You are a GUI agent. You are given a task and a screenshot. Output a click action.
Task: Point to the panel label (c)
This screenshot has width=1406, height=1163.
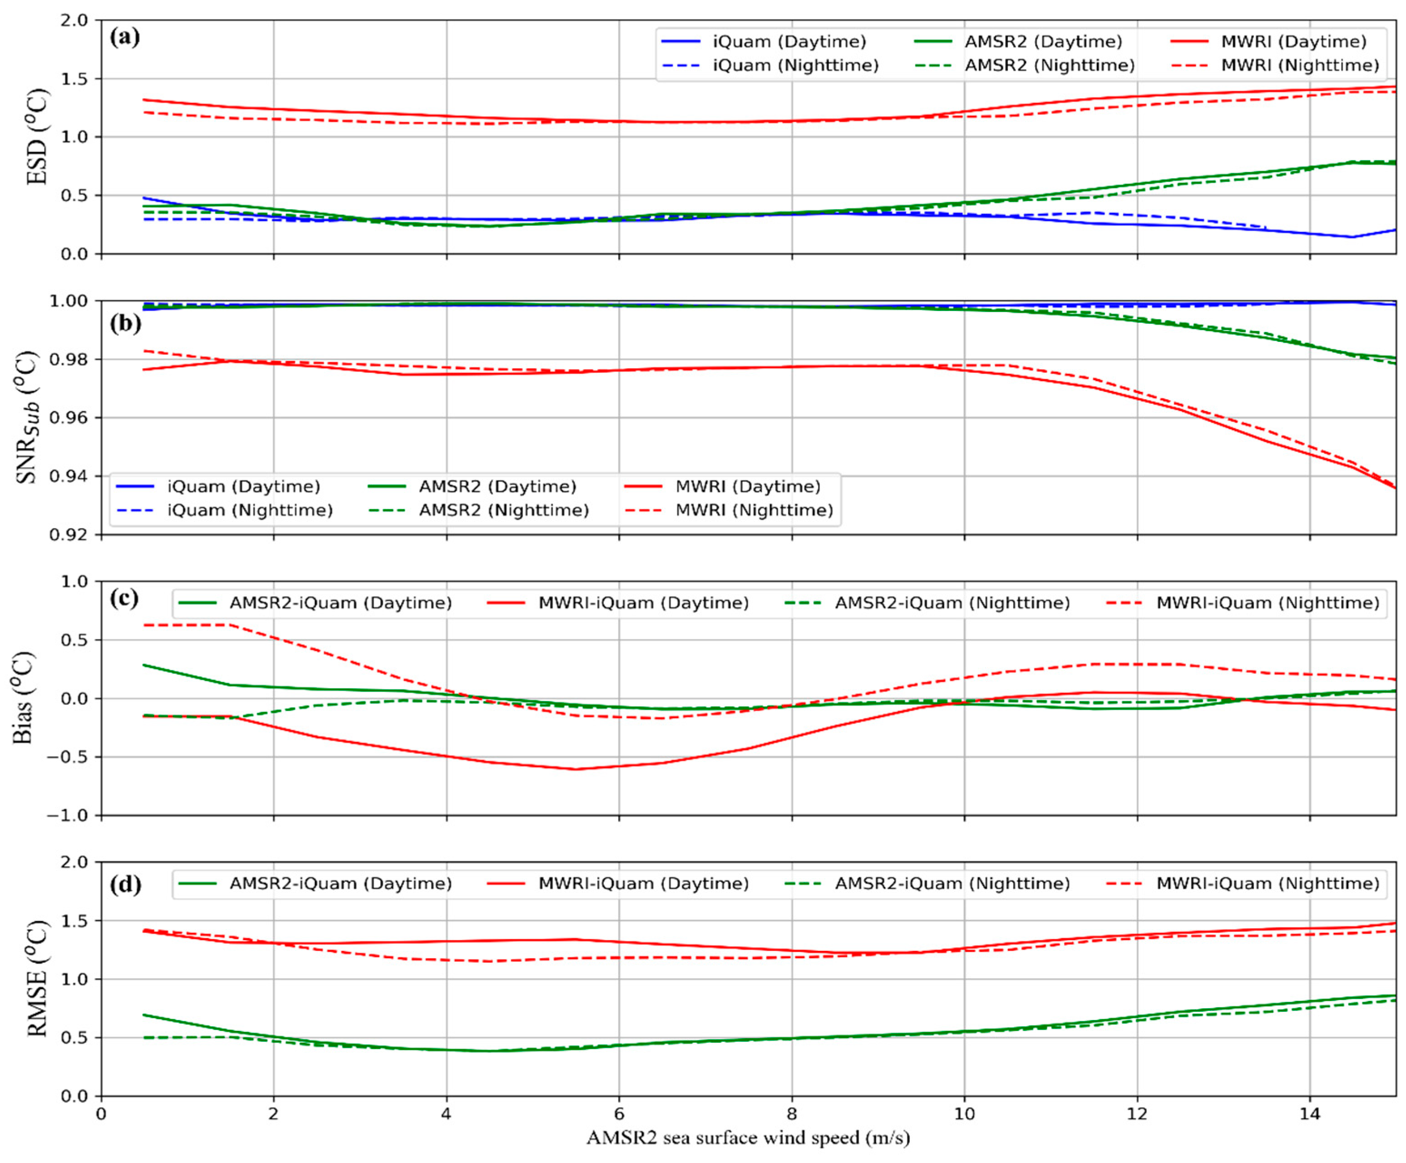(125, 598)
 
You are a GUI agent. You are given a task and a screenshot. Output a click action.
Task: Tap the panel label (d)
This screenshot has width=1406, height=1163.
(125, 885)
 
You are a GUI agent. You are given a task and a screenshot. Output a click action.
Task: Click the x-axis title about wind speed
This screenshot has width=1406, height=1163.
(748, 1138)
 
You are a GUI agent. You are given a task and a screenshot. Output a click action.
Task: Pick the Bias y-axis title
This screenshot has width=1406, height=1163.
(24, 698)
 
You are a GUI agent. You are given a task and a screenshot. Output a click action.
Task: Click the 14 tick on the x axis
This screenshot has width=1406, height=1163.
(1310, 1114)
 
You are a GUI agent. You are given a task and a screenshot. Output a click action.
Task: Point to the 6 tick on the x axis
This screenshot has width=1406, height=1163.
(619, 1114)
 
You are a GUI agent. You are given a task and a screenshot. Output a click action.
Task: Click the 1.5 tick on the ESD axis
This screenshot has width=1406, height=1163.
(74, 79)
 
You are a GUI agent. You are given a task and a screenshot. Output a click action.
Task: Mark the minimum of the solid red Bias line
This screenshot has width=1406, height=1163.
(576, 769)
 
